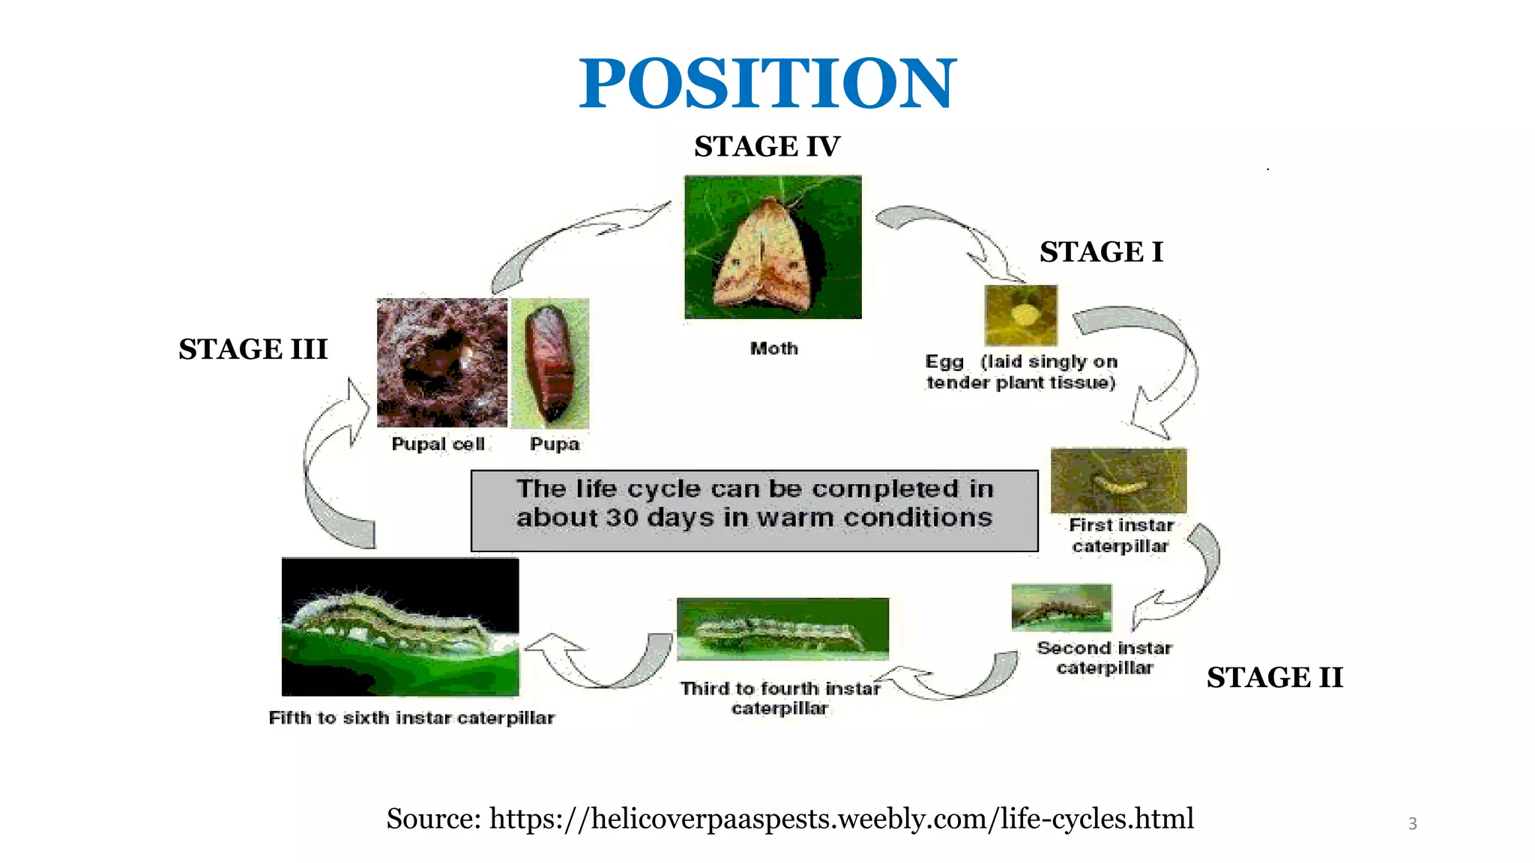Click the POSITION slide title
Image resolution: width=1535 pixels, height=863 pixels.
click(x=767, y=83)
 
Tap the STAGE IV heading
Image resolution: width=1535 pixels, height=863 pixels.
click(x=767, y=146)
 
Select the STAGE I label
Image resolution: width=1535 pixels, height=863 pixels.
click(x=1100, y=252)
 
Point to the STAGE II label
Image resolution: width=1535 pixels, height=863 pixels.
click(x=1274, y=677)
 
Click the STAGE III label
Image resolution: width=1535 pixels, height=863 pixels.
click(x=253, y=349)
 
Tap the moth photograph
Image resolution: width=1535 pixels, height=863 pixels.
click(x=773, y=247)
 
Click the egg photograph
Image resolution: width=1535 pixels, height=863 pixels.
click(x=1021, y=315)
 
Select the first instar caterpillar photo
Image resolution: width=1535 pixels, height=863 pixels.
click(x=1118, y=480)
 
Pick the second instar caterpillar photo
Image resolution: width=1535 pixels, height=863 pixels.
click(x=1061, y=608)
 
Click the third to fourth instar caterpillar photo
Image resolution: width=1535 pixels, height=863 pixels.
click(x=782, y=629)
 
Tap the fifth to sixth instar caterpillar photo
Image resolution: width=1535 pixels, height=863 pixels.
click(x=400, y=626)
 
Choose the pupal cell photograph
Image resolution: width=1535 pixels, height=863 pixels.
click(x=441, y=363)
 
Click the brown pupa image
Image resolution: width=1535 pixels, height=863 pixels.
click(x=549, y=363)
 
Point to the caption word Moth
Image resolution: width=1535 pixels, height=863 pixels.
click(x=774, y=348)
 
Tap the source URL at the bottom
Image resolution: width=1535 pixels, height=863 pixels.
click(x=841, y=818)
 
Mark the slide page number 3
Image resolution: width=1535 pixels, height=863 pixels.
click(x=1412, y=824)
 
